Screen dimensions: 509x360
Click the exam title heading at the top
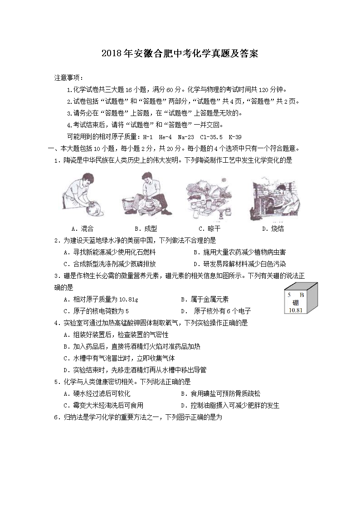coord(180,54)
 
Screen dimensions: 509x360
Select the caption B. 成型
coord(146,228)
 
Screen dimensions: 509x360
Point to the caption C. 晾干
coord(209,228)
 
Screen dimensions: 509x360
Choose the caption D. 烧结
coord(272,228)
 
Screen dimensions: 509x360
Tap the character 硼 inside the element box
coord(295,302)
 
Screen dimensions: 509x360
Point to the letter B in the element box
coord(302,295)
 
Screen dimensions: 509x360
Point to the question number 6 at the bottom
coord(56,417)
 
